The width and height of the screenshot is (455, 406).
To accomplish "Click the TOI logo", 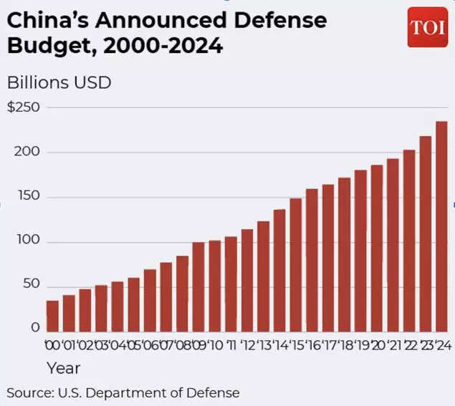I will [x=427, y=27].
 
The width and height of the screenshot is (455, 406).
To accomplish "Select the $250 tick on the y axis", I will [x=23, y=107].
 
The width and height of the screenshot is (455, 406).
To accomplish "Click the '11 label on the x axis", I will [x=231, y=346].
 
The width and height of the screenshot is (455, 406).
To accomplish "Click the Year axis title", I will [x=63, y=368].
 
